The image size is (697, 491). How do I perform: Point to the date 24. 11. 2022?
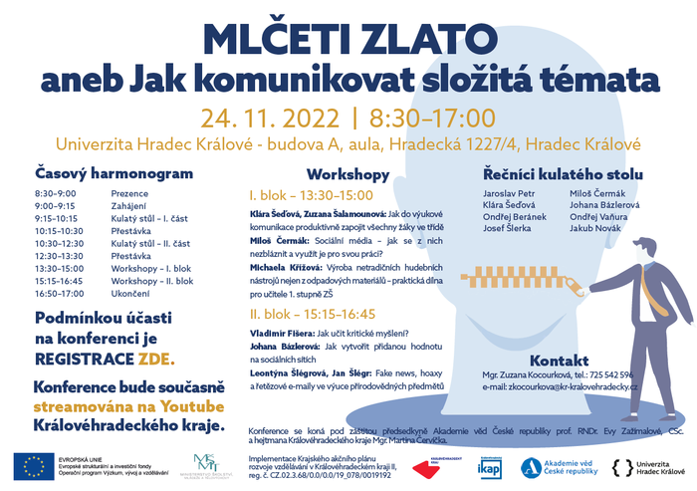coord(268,118)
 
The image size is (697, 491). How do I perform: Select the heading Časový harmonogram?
coord(114,172)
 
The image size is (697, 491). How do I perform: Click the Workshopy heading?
coord(348,173)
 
